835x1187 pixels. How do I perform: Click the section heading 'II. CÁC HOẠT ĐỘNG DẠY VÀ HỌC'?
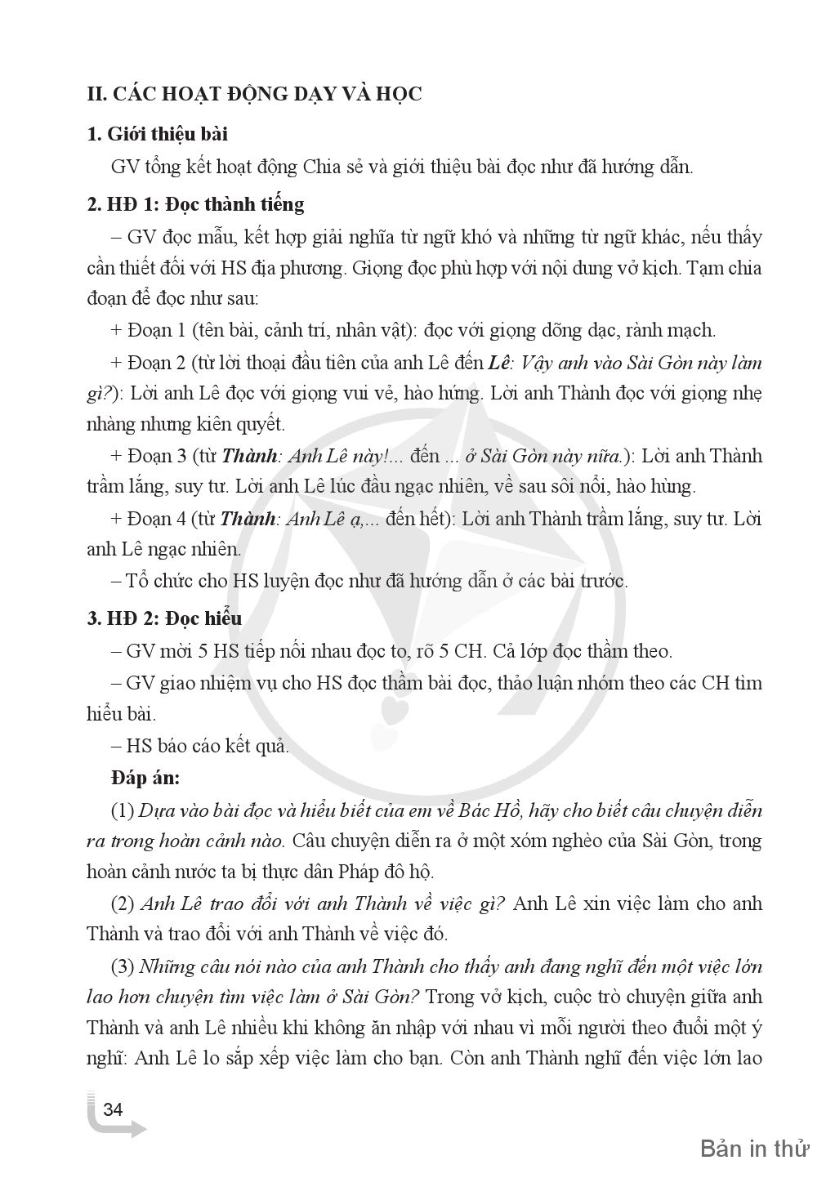coord(254,94)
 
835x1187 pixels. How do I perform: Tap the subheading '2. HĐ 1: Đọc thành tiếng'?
coord(195,203)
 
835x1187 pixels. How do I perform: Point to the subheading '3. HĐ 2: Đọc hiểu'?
coord(164,618)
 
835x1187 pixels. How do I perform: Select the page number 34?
coord(113,1109)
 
